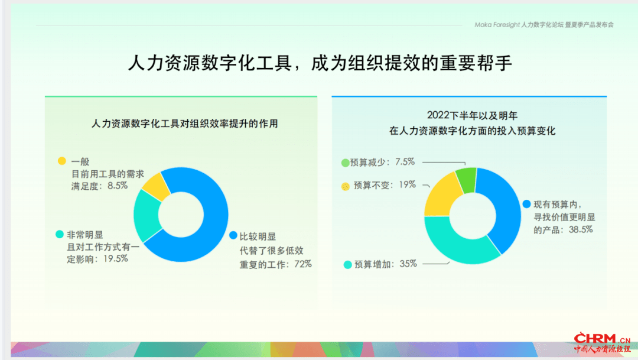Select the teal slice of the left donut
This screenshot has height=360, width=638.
click(147, 216)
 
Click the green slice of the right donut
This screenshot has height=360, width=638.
click(466, 180)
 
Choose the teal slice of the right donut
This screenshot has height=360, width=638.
click(458, 243)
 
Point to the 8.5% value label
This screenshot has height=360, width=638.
click(118, 186)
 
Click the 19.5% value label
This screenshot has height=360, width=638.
click(116, 258)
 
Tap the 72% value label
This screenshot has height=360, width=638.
click(302, 264)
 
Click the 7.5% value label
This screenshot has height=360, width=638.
click(405, 162)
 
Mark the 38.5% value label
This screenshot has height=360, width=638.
click(581, 230)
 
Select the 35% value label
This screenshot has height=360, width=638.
click(408, 264)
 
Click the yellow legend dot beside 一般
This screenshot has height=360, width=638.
click(62, 161)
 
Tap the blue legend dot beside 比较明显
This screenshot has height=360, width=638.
click(233, 235)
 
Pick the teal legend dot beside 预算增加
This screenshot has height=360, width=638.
click(347, 265)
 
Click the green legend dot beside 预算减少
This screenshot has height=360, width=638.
click(345, 163)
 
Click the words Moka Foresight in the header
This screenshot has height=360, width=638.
click(497, 25)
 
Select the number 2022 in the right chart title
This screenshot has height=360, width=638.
click(437, 116)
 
